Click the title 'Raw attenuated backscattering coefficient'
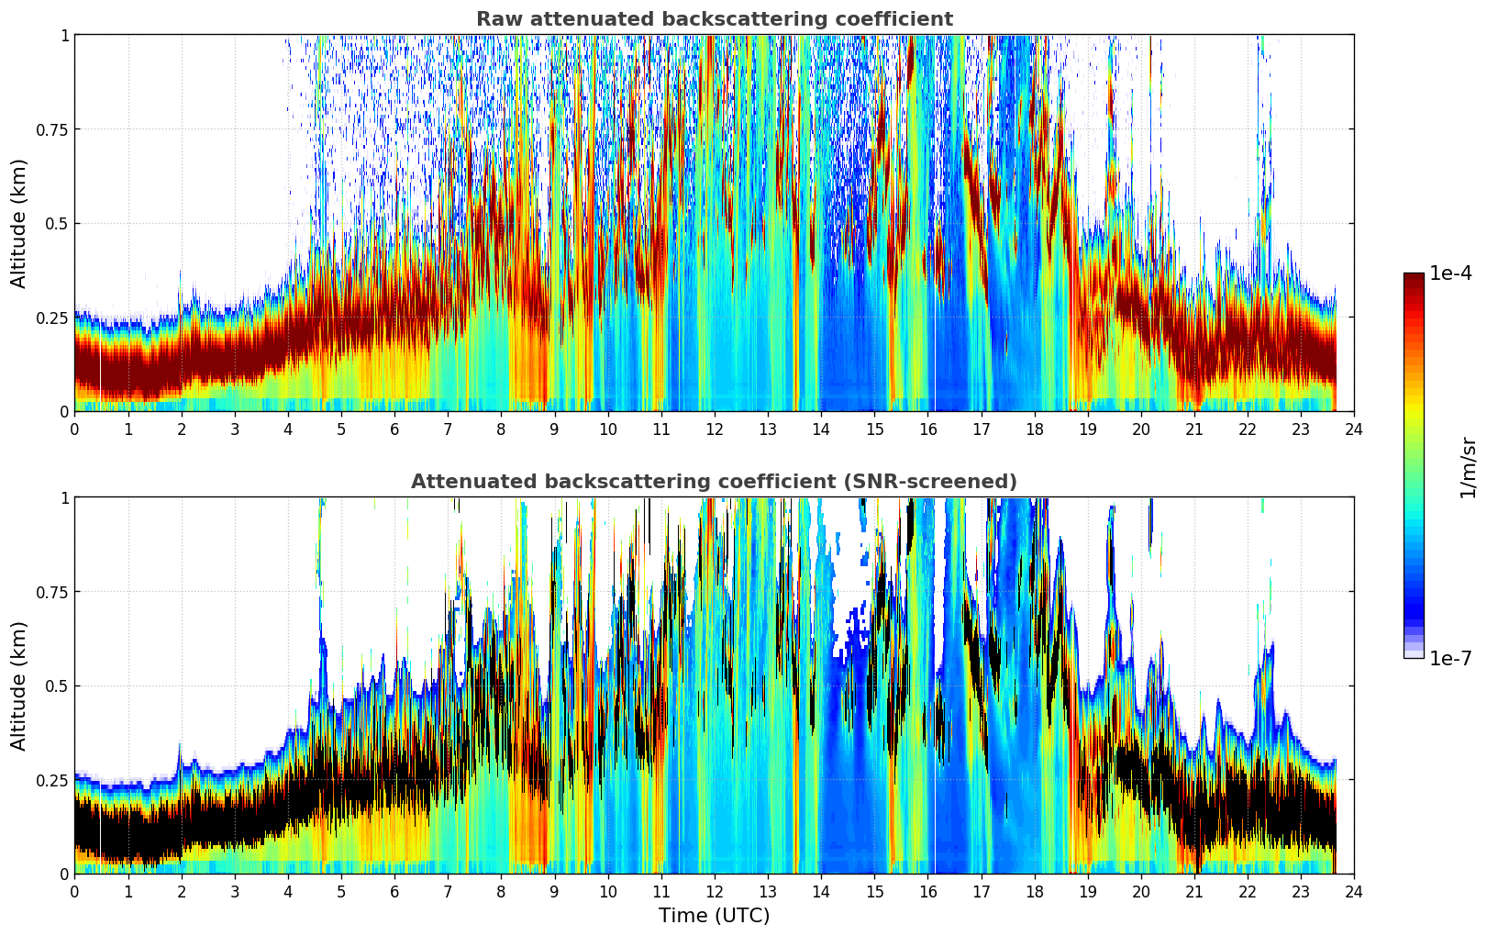[714, 19]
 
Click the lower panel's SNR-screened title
[714, 482]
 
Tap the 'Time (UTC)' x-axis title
[714, 916]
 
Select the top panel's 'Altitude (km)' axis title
[19, 223]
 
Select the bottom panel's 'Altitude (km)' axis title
[19, 685]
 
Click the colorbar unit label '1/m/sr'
[1467, 467]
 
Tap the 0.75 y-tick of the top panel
[52, 129]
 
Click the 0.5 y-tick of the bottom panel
[57, 686]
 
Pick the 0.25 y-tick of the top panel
[52, 318]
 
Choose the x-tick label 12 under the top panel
[714, 429]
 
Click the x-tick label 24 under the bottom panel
[1353, 891]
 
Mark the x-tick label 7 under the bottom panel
[448, 891]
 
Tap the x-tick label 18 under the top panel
[1034, 429]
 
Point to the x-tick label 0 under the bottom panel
[75, 891]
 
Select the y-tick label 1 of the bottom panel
[64, 497]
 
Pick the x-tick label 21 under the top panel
[1193, 429]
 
